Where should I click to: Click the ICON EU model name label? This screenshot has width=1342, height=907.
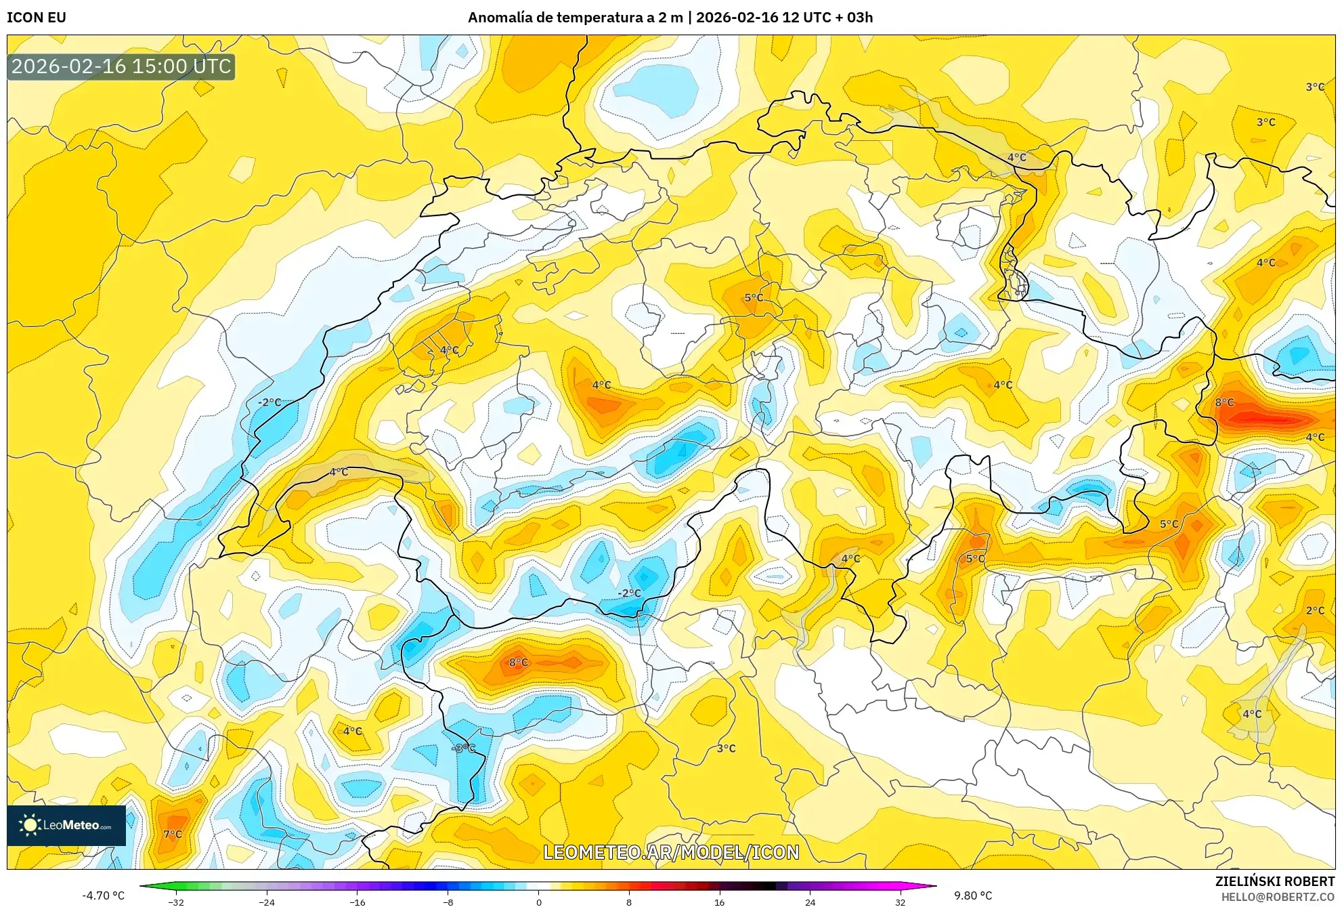(x=37, y=18)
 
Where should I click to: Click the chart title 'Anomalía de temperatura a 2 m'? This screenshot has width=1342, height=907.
(x=575, y=18)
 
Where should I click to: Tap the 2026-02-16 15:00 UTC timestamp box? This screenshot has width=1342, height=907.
(x=121, y=66)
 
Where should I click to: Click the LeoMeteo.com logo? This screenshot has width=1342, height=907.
(x=66, y=825)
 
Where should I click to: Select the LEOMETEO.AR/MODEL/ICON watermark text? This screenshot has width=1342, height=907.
(x=671, y=852)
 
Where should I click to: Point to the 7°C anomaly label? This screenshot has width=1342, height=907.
(x=173, y=834)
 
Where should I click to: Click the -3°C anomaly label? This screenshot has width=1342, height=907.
(x=464, y=748)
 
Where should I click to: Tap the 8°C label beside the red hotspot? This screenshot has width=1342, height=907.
(x=1224, y=402)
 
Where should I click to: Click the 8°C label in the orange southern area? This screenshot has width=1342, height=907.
(x=518, y=662)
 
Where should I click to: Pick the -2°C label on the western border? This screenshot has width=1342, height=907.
(x=269, y=402)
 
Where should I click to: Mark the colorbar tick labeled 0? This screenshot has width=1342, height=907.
(x=539, y=902)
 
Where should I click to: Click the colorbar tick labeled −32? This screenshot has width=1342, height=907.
(x=176, y=902)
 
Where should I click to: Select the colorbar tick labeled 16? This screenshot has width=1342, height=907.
(x=719, y=902)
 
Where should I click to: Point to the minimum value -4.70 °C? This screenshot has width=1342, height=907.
(x=103, y=895)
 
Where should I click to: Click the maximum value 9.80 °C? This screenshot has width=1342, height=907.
(x=973, y=895)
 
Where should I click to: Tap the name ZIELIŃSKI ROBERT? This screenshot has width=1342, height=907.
(x=1274, y=881)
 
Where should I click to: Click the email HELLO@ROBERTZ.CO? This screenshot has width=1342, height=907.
(x=1277, y=897)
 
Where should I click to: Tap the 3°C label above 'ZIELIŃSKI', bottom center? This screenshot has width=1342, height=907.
(x=726, y=748)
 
